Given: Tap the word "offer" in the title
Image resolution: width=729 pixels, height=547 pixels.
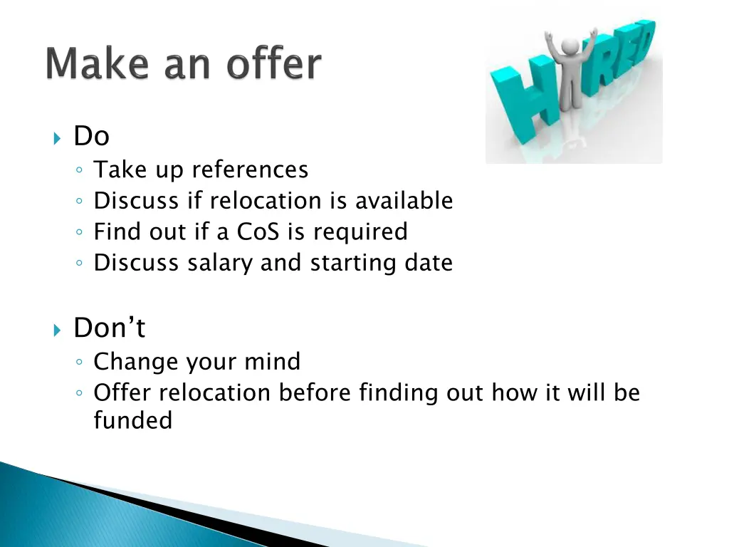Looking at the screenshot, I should [273, 65].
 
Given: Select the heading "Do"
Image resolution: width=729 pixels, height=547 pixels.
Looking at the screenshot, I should [91, 136].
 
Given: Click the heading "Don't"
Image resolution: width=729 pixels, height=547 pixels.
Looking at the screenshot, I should [109, 328].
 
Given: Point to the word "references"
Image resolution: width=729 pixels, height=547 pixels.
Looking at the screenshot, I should [250, 170].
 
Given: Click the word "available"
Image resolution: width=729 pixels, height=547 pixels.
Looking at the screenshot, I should [404, 201].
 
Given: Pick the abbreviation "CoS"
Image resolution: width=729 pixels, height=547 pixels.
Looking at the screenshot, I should [263, 232].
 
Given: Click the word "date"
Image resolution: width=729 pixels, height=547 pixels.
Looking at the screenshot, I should [429, 263].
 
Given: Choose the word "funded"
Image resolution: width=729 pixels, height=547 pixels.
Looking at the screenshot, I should [133, 420].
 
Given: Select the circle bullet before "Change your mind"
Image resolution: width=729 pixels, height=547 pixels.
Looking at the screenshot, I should [80, 363].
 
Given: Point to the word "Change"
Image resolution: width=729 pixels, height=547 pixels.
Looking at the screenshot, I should [136, 362].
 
